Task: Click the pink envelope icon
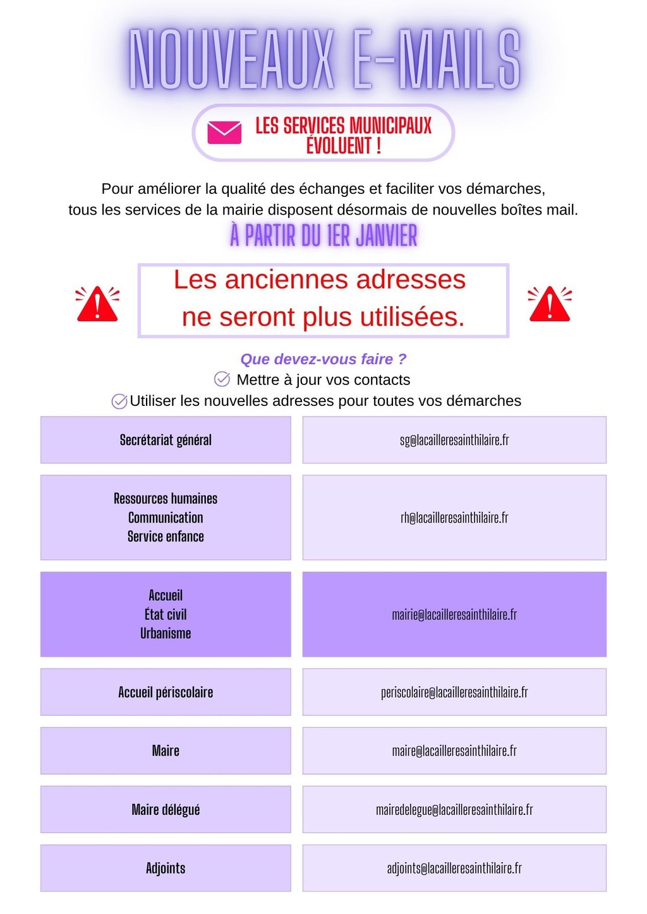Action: coord(224,133)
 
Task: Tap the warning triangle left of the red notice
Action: coord(97,304)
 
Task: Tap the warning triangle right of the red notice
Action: coord(549,304)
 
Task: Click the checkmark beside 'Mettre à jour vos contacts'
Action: coord(222,379)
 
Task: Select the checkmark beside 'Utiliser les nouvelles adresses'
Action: coord(119,401)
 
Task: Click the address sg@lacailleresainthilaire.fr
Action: coord(454,440)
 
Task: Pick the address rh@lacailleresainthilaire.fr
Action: coord(454,518)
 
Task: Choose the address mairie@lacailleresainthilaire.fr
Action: coord(454,614)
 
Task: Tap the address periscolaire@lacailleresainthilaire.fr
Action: coord(454,692)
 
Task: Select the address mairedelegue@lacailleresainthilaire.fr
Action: coord(454,809)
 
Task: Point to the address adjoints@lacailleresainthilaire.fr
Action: coord(454,868)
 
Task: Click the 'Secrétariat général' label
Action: coord(166,440)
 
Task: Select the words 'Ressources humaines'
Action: coord(166,499)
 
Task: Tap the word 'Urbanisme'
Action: coord(166,633)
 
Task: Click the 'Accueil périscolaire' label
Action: coord(166,692)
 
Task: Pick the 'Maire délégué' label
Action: coord(166,809)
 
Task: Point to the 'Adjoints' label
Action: coord(166,868)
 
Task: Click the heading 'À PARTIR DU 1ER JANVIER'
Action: coord(323,235)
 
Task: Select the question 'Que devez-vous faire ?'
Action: coord(323,359)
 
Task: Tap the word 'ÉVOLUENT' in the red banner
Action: coord(339,146)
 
